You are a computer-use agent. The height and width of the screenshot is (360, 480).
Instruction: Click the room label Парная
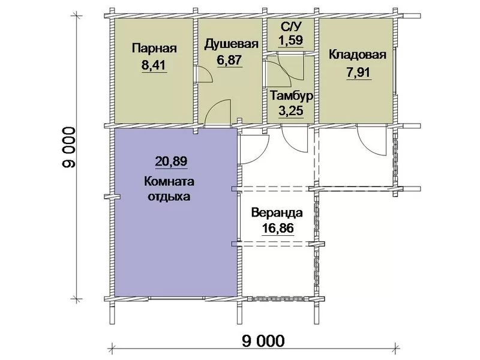pyautogui.click(x=154, y=49)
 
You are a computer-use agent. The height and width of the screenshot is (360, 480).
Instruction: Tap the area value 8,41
pyautogui.click(x=154, y=65)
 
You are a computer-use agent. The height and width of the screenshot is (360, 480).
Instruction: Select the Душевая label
pyautogui.click(x=232, y=44)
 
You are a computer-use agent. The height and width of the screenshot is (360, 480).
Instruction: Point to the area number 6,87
pyautogui.click(x=229, y=59)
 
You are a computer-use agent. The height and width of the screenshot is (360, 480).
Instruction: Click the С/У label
pyautogui.click(x=291, y=26)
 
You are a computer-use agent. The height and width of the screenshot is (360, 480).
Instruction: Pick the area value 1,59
pyautogui.click(x=291, y=40)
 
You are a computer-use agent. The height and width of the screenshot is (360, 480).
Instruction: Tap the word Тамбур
pyautogui.click(x=291, y=95)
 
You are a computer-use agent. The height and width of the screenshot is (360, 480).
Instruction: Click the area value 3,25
pyautogui.click(x=291, y=110)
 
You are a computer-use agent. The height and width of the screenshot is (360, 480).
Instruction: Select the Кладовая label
pyautogui.click(x=357, y=55)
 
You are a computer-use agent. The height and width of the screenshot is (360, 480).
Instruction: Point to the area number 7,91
pyautogui.click(x=358, y=73)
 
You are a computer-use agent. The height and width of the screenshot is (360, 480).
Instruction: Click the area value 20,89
pyautogui.click(x=171, y=161)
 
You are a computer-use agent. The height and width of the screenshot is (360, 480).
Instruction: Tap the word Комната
pyautogui.click(x=169, y=182)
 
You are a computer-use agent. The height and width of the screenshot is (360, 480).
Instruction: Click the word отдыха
pyautogui.click(x=169, y=196)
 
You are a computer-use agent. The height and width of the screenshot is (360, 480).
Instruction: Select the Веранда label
pyautogui.click(x=277, y=212)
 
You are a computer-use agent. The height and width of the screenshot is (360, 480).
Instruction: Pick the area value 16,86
pyautogui.click(x=278, y=228)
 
